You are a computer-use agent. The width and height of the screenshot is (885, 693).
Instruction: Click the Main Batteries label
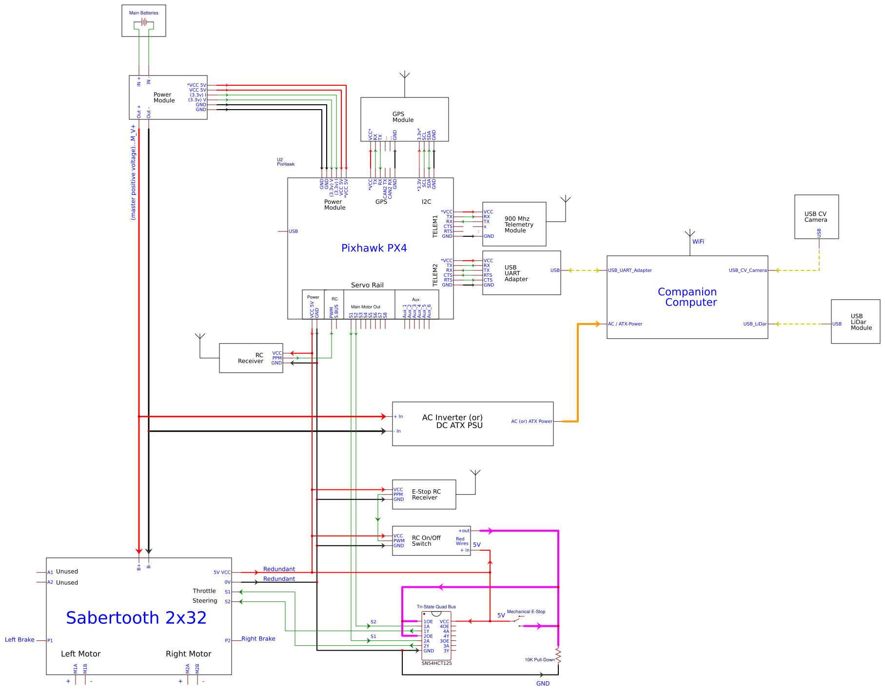pyautogui.click(x=143, y=13)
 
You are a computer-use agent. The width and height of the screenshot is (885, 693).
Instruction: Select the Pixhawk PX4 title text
pyautogui.click(x=374, y=248)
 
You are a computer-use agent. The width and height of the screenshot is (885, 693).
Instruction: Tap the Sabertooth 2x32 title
pyautogui.click(x=136, y=618)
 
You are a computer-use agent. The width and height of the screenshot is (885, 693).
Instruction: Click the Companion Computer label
pyautogui.click(x=688, y=297)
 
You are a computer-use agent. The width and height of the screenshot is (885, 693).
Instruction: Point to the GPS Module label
pyautogui.click(x=403, y=117)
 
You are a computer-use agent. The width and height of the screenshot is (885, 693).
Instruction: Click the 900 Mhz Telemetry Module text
pyautogui.click(x=519, y=225)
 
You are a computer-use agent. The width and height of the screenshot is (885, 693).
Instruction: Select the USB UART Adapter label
pyautogui.click(x=516, y=273)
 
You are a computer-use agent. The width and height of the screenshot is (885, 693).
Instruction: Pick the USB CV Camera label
pyautogui.click(x=815, y=217)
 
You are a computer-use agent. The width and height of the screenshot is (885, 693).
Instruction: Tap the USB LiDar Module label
pyautogui.click(x=861, y=322)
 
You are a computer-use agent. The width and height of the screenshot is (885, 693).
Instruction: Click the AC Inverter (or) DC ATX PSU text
pyautogui.click(x=452, y=422)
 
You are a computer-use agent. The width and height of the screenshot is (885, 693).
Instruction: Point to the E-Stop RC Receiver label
pyautogui.click(x=426, y=495)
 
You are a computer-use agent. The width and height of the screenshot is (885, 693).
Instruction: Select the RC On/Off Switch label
pyautogui.click(x=426, y=541)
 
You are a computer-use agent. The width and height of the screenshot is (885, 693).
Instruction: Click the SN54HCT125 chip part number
pyautogui.click(x=436, y=663)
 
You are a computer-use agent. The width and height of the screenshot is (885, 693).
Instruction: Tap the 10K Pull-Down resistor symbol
pyautogui.click(x=558, y=655)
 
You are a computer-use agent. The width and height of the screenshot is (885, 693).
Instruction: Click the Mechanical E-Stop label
pyautogui.click(x=526, y=612)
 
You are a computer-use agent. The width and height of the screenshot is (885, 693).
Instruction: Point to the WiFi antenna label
pyautogui.click(x=698, y=242)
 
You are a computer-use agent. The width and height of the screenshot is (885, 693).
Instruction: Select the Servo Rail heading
pyautogui.click(x=367, y=285)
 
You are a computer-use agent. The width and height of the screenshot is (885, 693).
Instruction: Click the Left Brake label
pyautogui.click(x=20, y=640)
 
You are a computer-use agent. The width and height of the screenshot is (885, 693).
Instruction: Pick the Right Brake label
pyautogui.click(x=258, y=639)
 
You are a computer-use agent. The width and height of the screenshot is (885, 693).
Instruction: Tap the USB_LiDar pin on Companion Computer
pyautogui.click(x=754, y=324)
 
